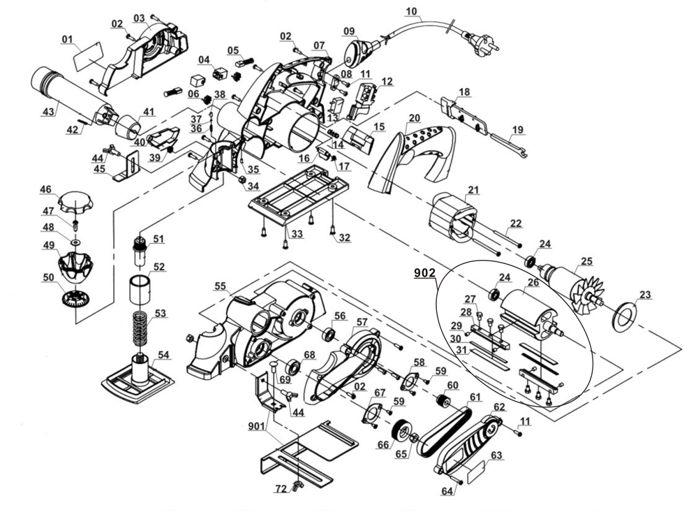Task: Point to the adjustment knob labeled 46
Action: click(75, 202)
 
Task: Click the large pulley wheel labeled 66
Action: click(401, 432)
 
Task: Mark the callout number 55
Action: click(221, 286)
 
